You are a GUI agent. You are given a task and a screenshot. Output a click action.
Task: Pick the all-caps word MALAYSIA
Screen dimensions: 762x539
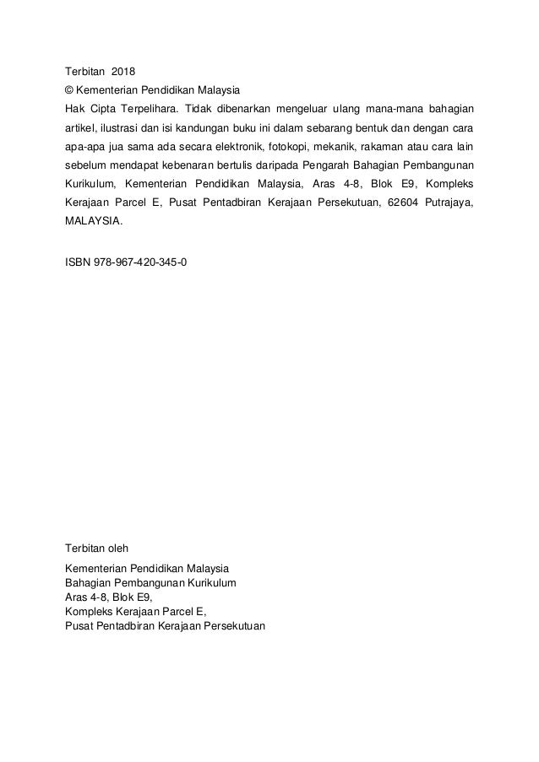coord(93,223)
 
